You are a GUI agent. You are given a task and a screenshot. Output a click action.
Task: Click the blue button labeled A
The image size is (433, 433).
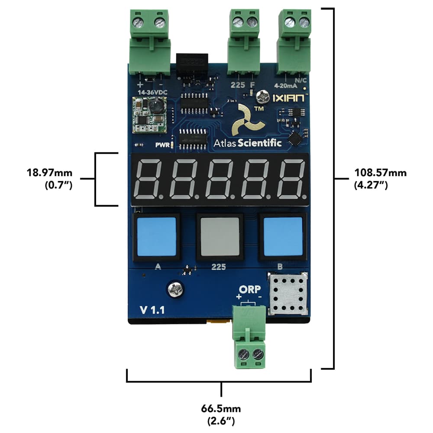156,237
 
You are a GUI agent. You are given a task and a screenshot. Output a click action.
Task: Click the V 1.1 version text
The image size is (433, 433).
152,310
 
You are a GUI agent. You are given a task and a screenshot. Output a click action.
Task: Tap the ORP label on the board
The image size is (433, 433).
249,289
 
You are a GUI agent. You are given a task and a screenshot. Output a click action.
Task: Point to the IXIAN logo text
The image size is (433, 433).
289,98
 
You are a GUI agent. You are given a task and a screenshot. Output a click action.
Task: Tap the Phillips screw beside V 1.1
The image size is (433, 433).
175,289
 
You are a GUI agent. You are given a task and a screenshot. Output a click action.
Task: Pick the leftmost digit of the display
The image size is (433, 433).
149,178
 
